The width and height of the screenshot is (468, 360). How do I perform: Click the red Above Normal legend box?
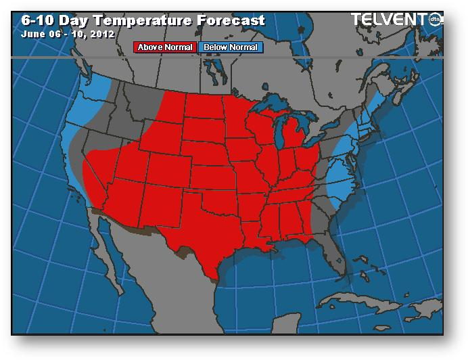click(166, 47)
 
